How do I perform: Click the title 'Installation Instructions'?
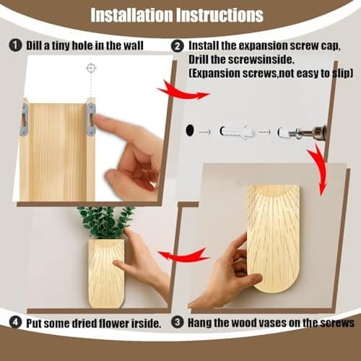coord(180,14)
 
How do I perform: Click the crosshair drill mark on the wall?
coord(90,68)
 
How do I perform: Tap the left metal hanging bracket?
coord(25,119)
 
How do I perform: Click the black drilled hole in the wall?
coord(190,131)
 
